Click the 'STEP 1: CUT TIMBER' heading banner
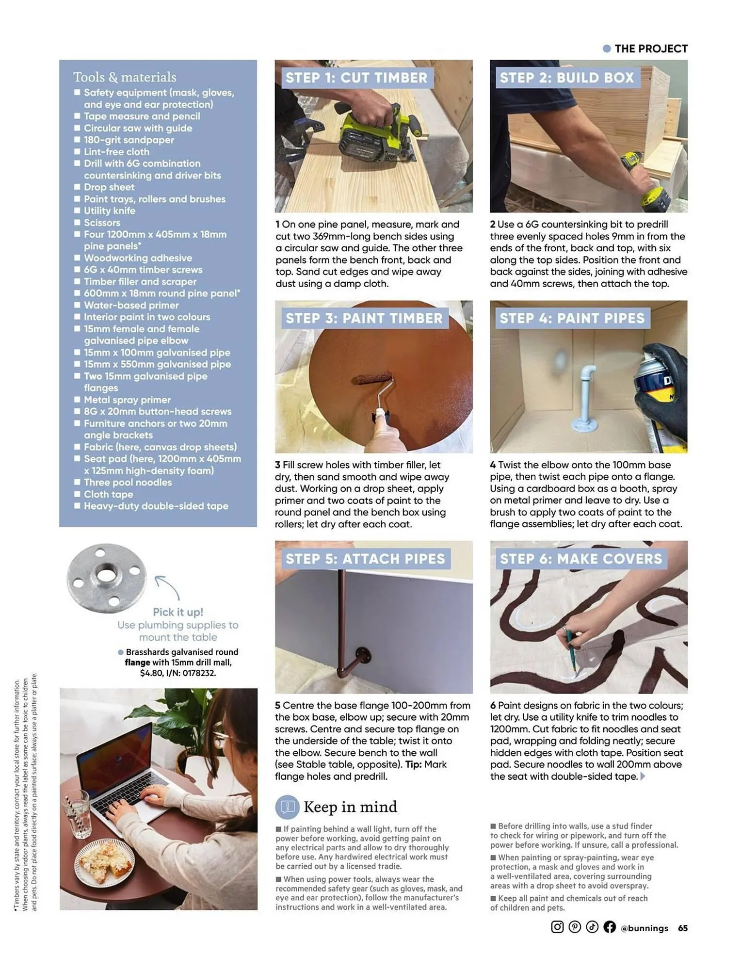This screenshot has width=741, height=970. click(356, 78)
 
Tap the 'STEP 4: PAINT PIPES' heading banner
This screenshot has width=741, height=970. click(572, 318)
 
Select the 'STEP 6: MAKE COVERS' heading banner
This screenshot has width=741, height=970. click(580, 559)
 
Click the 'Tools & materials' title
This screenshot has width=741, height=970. click(125, 77)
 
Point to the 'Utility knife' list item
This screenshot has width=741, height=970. click(110, 211)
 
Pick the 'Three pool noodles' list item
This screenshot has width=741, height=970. click(128, 483)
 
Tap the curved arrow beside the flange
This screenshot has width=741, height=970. click(167, 587)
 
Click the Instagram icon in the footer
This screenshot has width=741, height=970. click(557, 927)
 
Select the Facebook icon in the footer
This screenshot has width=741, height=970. click(610, 927)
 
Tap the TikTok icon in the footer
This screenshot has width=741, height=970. click(592, 927)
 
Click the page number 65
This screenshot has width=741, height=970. click(683, 928)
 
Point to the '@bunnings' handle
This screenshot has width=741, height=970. click(644, 928)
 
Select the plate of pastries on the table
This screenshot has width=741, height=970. click(105, 863)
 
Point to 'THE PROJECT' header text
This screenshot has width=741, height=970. click(651, 48)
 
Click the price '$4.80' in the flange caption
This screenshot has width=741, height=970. click(151, 673)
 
